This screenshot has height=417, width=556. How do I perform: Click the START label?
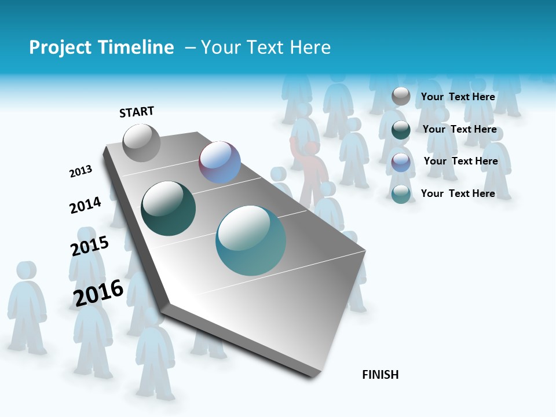[x=137, y=112]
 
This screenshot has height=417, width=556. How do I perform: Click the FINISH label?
[x=380, y=375]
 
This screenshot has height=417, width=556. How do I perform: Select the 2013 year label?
[x=81, y=171]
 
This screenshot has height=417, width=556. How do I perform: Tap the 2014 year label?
[x=85, y=205]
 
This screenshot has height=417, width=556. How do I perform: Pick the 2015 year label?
[x=89, y=246]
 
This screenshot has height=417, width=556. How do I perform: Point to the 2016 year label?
[x=98, y=293]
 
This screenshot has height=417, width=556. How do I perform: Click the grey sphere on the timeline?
[x=141, y=142]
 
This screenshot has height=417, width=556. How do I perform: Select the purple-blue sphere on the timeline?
[x=220, y=162]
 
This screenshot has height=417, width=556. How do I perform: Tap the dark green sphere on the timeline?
[x=168, y=209]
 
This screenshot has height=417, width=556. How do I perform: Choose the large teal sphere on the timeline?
[x=250, y=240]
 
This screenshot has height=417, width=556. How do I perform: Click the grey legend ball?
[x=401, y=96]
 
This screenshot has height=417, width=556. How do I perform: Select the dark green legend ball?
[x=401, y=130]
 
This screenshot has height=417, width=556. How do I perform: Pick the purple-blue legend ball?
[x=401, y=162]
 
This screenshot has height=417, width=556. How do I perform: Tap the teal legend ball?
[x=401, y=194]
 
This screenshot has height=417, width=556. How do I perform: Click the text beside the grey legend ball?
[x=458, y=97]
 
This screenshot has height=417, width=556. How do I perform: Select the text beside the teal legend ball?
[x=458, y=193]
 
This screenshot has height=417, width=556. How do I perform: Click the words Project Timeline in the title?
[x=101, y=47]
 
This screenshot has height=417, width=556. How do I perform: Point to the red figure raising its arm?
[x=312, y=171]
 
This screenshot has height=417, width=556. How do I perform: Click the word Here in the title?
[x=310, y=47]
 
